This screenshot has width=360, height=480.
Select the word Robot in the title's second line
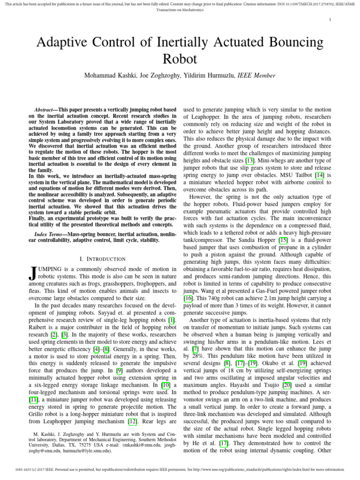[180, 59]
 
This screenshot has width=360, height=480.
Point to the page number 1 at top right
[330, 19]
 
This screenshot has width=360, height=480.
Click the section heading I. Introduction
[102, 259]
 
